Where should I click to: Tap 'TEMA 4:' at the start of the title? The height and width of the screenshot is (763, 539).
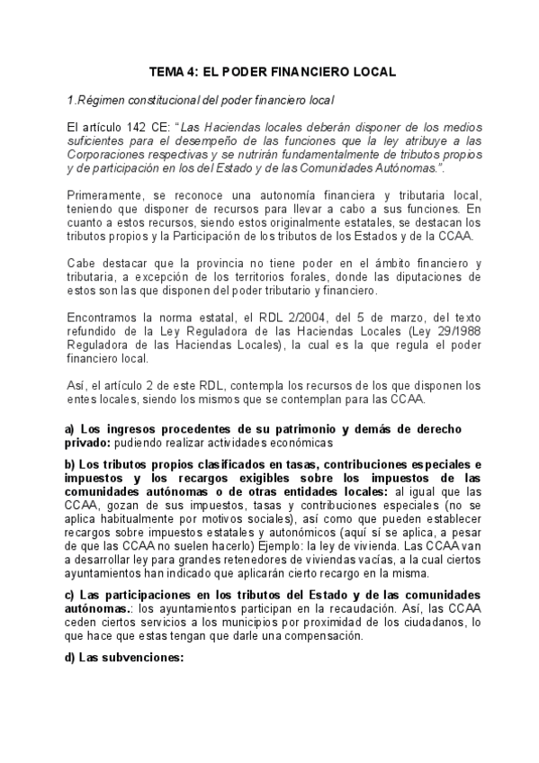(x=170, y=72)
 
